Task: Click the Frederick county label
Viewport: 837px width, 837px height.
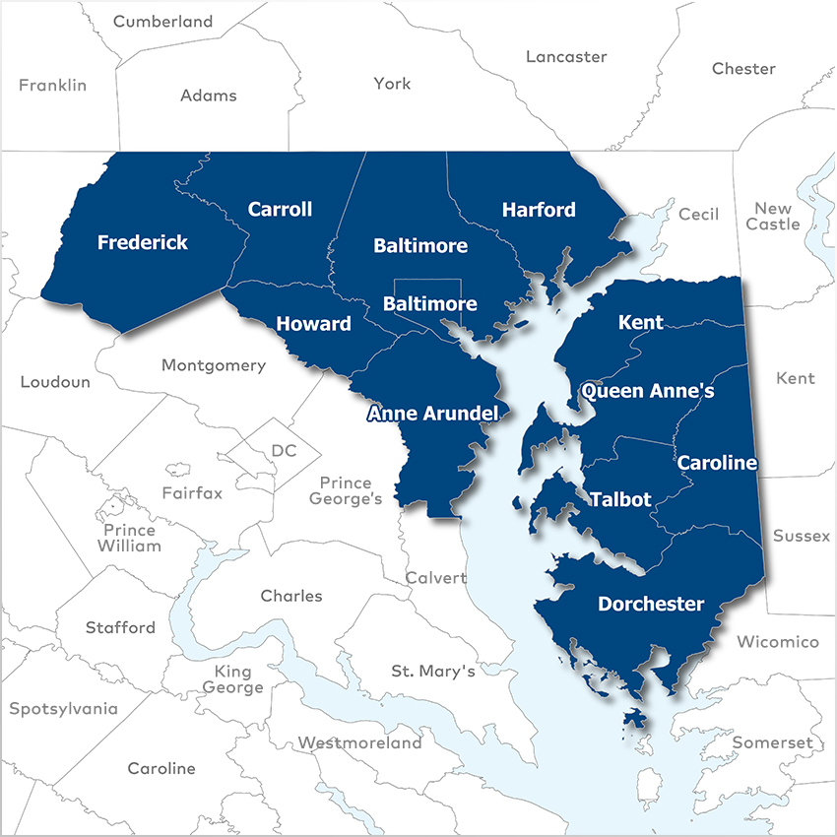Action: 142,242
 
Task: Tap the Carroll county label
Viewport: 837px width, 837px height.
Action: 280,209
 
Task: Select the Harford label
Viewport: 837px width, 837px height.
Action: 539,210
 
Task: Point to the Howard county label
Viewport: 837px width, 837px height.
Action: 313,324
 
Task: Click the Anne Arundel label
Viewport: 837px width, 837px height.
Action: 432,414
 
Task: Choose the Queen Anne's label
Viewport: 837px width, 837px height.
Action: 647,391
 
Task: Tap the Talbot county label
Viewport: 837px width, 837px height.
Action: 620,499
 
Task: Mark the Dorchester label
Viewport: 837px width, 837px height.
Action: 651,604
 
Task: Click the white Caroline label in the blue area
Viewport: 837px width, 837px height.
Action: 717,463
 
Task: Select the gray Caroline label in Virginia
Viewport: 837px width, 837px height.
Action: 161,768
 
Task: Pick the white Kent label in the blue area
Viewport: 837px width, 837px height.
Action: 640,322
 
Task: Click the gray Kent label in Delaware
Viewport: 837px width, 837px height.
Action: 796,378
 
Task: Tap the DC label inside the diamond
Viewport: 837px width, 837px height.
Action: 284,451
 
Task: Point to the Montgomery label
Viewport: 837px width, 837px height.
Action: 214,365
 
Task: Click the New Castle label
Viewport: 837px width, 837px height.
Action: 773,217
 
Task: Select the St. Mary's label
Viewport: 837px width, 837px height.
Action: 433,672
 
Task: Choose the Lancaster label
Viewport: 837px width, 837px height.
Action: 566,56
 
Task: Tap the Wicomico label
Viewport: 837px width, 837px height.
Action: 778,642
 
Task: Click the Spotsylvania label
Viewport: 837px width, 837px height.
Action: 63,709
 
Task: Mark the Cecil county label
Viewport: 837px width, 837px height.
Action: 699,214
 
